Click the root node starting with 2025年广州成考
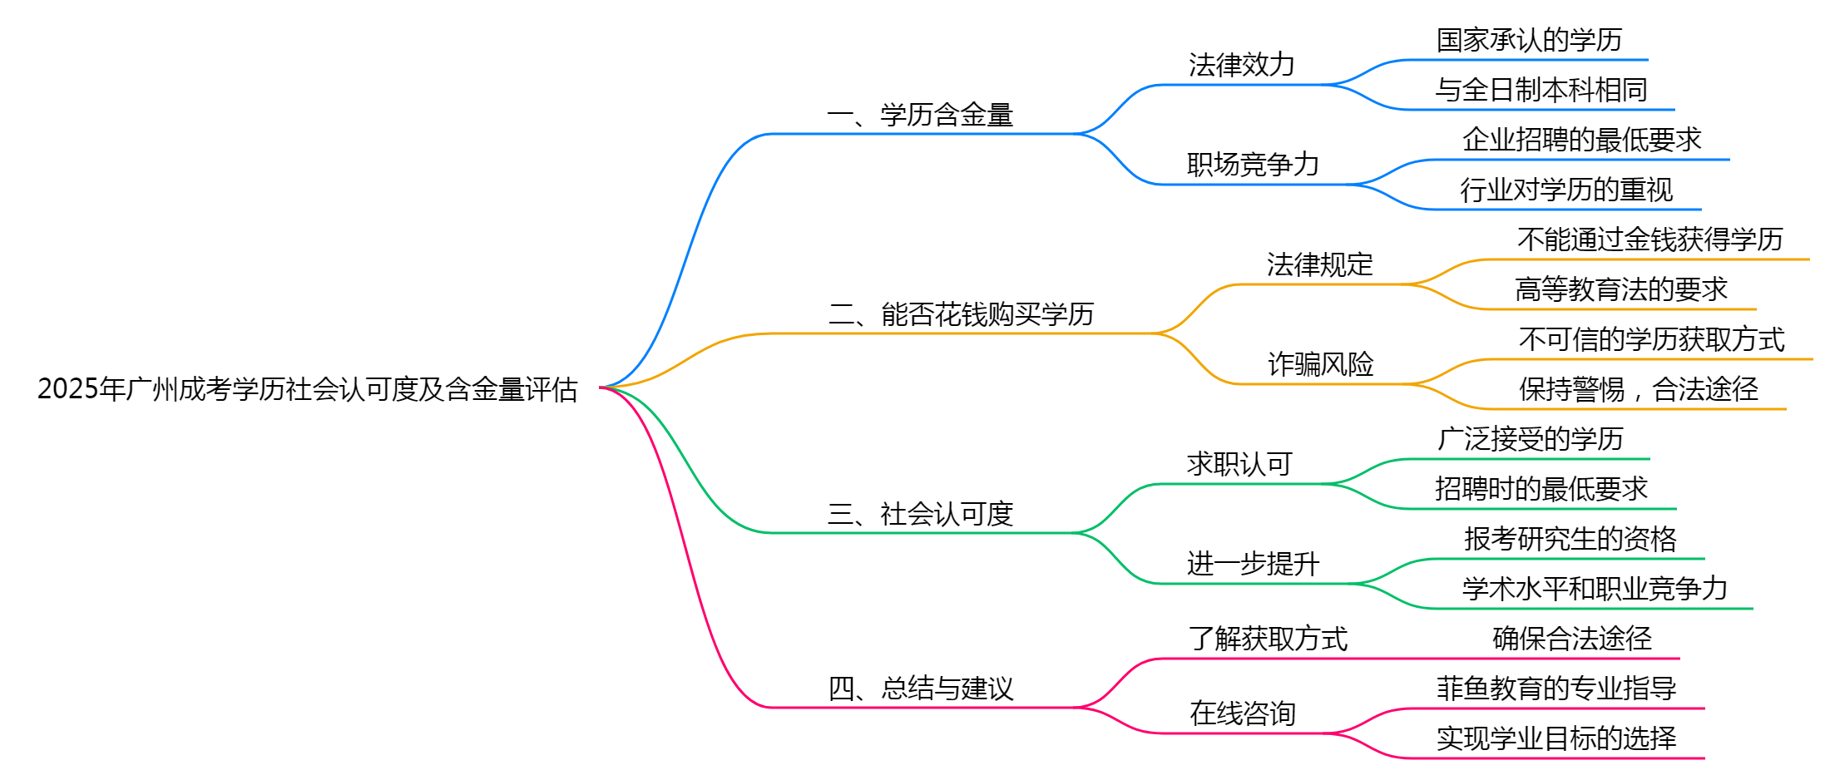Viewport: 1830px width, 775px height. [307, 389]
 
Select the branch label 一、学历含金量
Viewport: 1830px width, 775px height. [920, 115]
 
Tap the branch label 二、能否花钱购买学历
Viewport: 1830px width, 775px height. [961, 314]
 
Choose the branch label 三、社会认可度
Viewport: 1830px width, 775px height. [920, 514]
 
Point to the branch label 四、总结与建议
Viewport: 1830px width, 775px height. [920, 689]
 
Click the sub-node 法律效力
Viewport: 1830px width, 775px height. [1241, 65]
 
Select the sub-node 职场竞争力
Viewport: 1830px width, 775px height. [1253, 165]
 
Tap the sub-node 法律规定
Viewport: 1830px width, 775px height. [1319, 264]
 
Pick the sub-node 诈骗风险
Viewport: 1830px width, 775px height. [1320, 364]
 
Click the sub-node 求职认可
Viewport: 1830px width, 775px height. [1239, 464]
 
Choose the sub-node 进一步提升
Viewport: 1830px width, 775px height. [1253, 564]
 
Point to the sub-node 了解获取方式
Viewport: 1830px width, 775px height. [1268, 639]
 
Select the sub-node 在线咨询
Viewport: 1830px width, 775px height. [1242, 713]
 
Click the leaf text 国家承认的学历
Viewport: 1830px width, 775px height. [1529, 40]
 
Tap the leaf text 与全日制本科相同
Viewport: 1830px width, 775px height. [1541, 90]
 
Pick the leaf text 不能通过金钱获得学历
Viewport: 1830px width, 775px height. [1650, 239]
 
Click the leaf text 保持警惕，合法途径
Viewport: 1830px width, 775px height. [1639, 389]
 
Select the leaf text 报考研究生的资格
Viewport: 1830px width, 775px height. [1570, 539]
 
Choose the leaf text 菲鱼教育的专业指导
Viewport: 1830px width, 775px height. [1556, 689]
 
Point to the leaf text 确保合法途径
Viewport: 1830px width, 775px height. [1572, 639]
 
